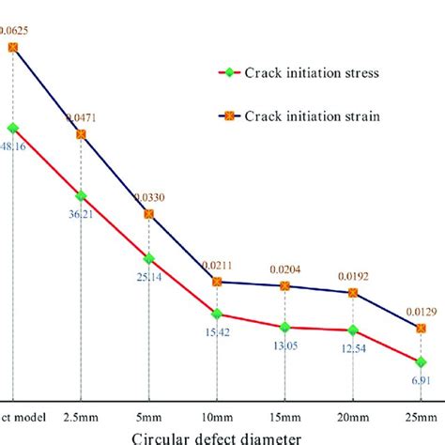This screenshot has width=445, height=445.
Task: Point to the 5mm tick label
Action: (148, 415)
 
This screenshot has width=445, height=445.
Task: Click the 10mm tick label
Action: (217, 415)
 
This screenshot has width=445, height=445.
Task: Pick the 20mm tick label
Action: (354, 415)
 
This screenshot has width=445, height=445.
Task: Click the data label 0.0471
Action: (80, 117)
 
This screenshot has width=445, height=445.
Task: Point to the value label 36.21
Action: (80, 214)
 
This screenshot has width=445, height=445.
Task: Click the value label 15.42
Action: (217, 333)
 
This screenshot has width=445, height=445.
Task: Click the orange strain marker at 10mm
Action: (217, 281)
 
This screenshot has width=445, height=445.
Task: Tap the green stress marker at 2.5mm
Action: (81, 195)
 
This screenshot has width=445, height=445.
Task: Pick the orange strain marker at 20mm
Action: (354, 293)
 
